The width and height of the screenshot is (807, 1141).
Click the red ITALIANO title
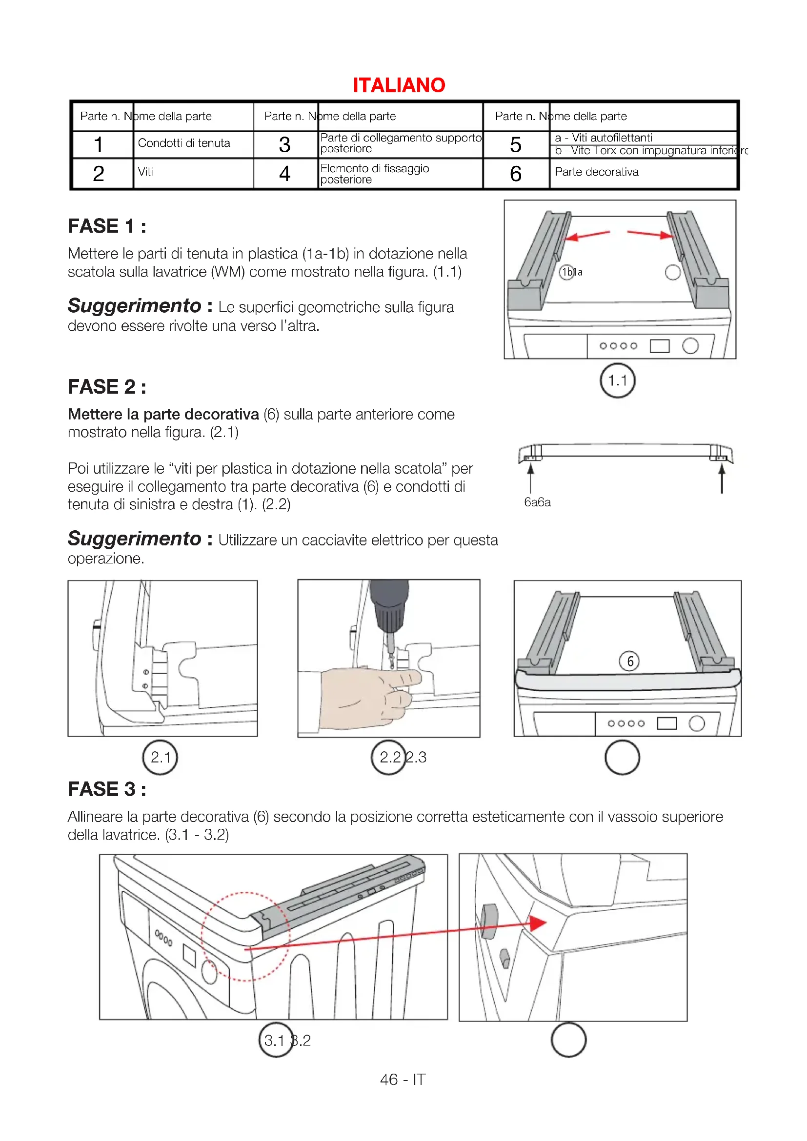[399, 85]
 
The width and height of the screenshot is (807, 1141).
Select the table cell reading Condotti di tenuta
[184, 143]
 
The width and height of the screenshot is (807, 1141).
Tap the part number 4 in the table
[284, 174]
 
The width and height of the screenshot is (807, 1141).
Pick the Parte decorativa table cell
[596, 172]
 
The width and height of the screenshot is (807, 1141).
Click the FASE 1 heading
[107, 226]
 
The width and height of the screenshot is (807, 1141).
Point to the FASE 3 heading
[107, 789]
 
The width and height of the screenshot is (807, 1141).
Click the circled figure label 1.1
[617, 380]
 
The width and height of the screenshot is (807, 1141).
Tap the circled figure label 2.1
[160, 758]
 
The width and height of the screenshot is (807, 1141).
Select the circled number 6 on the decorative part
[629, 661]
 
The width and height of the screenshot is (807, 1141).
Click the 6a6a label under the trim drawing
[537, 502]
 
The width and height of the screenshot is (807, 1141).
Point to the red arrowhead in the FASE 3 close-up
[538, 923]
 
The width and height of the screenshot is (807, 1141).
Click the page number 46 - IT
[403, 1080]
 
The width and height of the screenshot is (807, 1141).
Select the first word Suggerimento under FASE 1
[134, 306]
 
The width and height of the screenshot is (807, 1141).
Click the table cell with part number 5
[515, 144]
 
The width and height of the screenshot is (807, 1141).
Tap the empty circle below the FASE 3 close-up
[568, 1040]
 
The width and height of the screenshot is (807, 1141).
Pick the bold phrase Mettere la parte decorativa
[163, 414]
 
